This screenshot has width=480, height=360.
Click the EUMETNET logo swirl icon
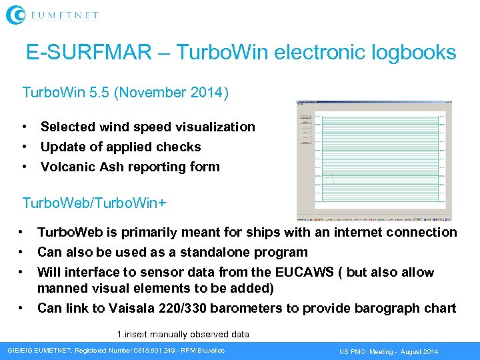[x=17, y=15]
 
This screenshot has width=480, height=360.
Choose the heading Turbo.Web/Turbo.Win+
[x=94, y=202]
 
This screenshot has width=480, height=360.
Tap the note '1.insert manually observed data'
[x=183, y=334]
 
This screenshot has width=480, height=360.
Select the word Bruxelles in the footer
[x=209, y=351]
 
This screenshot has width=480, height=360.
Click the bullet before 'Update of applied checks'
[x=24, y=147]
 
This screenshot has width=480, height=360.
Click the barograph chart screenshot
[x=374, y=160]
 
